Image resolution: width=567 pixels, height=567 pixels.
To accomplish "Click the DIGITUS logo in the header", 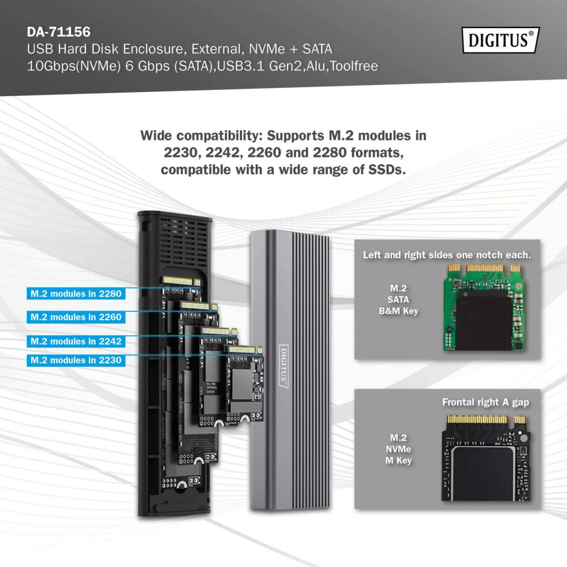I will point(500,40).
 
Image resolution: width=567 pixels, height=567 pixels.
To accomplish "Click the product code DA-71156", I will point(58,32).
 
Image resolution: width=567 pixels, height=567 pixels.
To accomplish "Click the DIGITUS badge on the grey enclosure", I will point(283,365).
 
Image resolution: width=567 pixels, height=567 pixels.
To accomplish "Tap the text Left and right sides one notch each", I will point(447,255).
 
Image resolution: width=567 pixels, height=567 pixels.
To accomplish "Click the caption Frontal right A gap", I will point(485,402).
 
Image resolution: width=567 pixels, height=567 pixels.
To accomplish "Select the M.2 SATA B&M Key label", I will point(398,300).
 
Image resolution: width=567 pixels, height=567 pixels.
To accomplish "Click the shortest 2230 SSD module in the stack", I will point(244,383).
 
